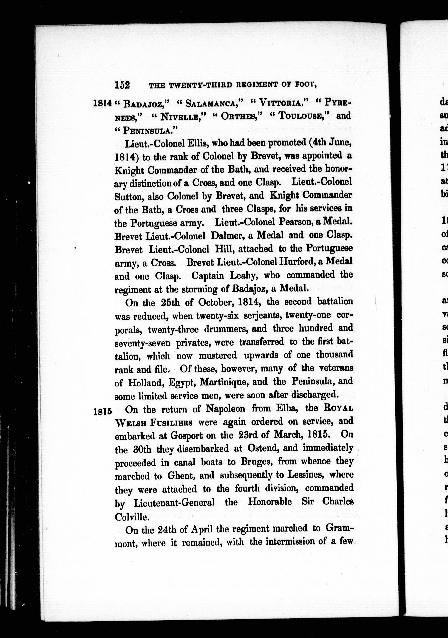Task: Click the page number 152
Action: coord(122,84)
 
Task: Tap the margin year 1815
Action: coord(103,411)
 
